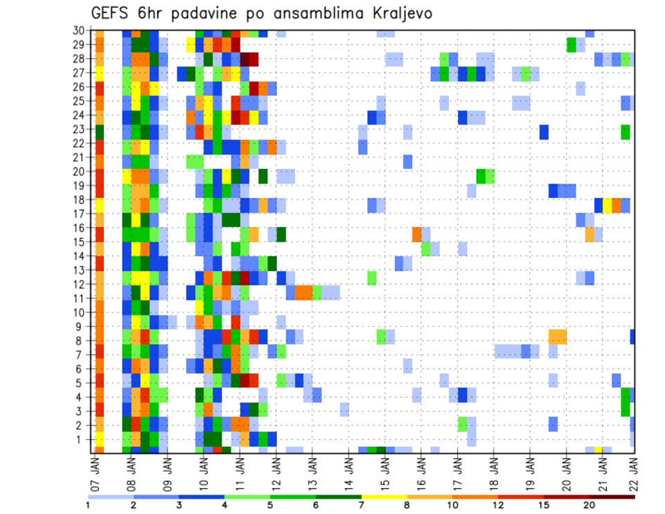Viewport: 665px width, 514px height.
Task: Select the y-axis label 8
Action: (81, 340)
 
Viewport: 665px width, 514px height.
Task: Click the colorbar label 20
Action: (589, 506)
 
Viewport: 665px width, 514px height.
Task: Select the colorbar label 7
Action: (362, 506)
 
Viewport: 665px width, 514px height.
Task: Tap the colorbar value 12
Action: (497, 506)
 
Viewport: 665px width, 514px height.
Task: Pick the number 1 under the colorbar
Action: (88, 506)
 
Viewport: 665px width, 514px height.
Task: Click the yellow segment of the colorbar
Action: (384, 496)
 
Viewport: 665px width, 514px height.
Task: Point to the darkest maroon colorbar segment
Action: (612, 496)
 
